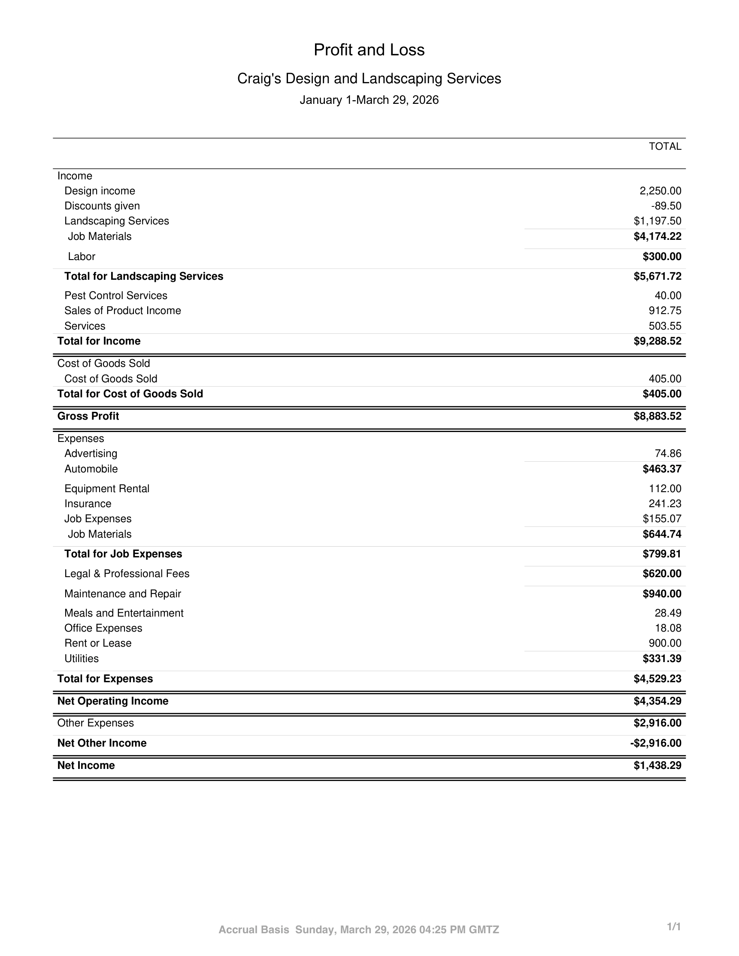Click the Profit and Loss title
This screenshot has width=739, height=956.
click(x=369, y=50)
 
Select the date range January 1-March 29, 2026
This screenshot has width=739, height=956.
click(x=369, y=100)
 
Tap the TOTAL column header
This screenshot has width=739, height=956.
click(x=665, y=147)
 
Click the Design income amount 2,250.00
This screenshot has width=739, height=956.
click(x=660, y=191)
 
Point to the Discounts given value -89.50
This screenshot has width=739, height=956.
click(x=666, y=206)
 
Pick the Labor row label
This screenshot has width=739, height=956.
click(x=82, y=257)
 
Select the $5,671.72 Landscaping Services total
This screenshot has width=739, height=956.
click(x=657, y=276)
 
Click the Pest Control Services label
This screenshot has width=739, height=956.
click(x=115, y=296)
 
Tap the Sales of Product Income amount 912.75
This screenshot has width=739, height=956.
click(x=665, y=310)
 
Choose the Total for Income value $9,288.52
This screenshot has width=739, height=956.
click(x=657, y=341)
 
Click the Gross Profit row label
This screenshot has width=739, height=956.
click(x=88, y=416)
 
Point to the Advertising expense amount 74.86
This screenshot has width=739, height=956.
click(x=668, y=454)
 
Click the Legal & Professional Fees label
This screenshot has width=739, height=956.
click(x=127, y=573)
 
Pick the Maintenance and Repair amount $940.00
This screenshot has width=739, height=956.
click(x=661, y=593)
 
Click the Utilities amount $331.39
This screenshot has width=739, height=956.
click(x=661, y=658)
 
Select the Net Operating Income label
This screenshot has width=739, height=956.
click(x=112, y=701)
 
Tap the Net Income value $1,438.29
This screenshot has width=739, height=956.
click(x=657, y=765)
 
